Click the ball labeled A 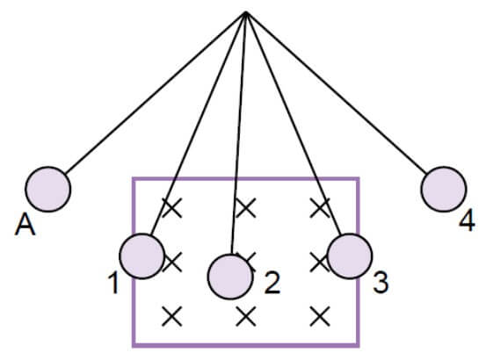point(48,189)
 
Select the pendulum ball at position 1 point(142,256)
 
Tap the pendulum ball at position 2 point(230,277)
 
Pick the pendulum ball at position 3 point(350,256)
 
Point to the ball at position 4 point(444,189)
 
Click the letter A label point(25,226)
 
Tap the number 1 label point(113,284)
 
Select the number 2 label point(272,283)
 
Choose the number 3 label point(381,283)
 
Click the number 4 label point(467,220)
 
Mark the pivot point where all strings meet point(246,12)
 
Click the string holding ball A point(156,93)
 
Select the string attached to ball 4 point(337,92)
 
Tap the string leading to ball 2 point(239,133)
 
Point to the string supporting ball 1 point(199,123)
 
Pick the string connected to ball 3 point(294,123)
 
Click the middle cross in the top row point(246,208)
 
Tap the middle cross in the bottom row point(246,316)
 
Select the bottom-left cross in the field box point(172,316)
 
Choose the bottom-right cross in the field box point(320,316)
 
